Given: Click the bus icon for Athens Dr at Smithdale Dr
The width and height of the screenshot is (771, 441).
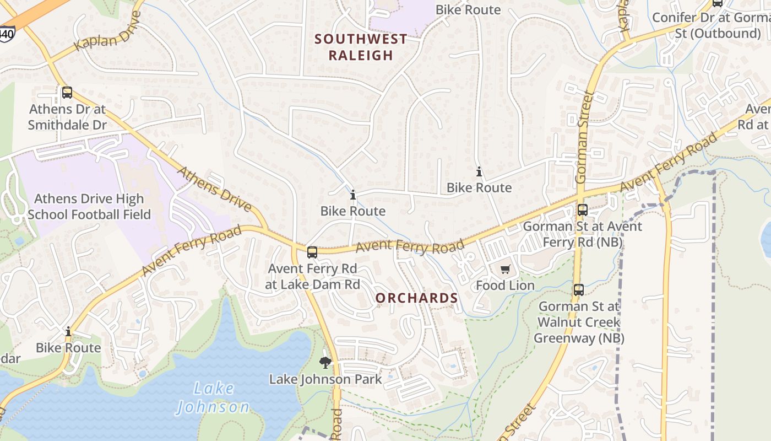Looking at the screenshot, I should pyautogui.click(x=67, y=93).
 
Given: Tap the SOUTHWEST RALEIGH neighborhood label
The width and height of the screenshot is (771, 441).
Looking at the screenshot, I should pyautogui.click(x=361, y=47).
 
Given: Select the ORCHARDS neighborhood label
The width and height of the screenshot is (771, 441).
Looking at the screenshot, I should pyautogui.click(x=416, y=298).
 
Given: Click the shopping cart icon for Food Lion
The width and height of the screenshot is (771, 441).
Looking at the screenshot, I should pyautogui.click(x=505, y=270).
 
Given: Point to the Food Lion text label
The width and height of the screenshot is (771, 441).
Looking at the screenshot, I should pyautogui.click(x=505, y=286).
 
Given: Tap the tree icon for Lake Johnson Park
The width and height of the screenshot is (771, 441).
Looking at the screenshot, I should pyautogui.click(x=325, y=362).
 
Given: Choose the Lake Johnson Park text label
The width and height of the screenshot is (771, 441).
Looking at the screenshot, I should pyautogui.click(x=325, y=379).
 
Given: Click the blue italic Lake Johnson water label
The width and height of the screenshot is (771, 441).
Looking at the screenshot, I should pyautogui.click(x=213, y=398).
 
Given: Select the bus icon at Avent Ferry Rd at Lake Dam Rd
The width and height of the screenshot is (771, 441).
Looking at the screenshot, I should pyautogui.click(x=312, y=252).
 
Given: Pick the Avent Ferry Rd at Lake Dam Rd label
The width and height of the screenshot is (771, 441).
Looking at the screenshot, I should pyautogui.click(x=312, y=277).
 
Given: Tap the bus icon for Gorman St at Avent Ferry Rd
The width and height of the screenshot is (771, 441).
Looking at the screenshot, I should pyautogui.click(x=582, y=210).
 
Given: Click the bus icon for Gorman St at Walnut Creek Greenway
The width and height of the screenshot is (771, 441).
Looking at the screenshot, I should pyautogui.click(x=578, y=290).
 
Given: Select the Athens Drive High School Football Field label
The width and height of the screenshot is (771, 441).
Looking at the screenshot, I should pyautogui.click(x=89, y=207).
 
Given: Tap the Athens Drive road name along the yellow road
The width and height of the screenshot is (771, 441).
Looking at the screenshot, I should pyautogui.click(x=214, y=190).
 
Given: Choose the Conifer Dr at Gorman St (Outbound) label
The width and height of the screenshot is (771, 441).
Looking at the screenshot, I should pyautogui.click(x=710, y=25).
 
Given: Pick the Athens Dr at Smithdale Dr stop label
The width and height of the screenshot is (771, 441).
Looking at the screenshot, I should pyautogui.click(x=67, y=117).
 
